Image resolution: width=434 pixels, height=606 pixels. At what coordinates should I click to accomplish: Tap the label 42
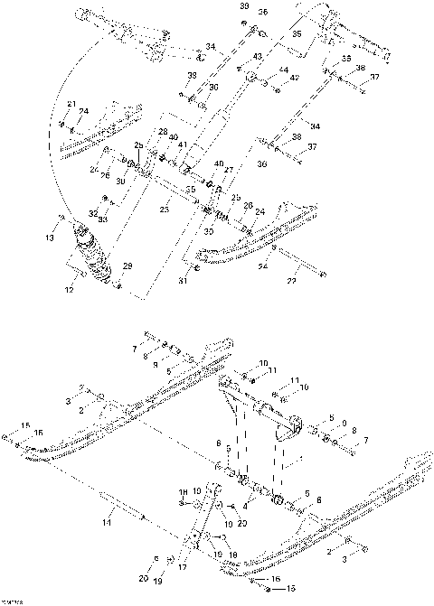pyautogui.click(x=295, y=79)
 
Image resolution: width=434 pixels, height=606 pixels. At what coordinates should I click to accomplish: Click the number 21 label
pyautogui.click(x=71, y=105)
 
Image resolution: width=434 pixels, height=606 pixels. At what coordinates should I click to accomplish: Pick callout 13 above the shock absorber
pyautogui.click(x=51, y=238)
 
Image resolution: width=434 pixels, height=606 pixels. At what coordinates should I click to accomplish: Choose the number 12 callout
pyautogui.click(x=69, y=290)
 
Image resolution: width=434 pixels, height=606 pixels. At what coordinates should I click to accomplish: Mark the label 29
pyautogui.click(x=127, y=266)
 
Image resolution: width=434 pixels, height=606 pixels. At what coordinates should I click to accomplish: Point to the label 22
pyautogui.click(x=292, y=282)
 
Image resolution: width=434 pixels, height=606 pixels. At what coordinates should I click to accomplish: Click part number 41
pyautogui.click(x=183, y=145)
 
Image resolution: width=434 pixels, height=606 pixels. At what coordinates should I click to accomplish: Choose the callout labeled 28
pyautogui.click(x=164, y=133)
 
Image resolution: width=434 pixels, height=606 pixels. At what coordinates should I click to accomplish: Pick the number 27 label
pyautogui.click(x=228, y=169)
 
